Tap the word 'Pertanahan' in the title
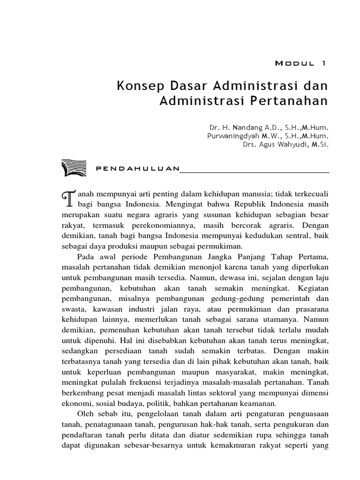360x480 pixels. click(x=296, y=101)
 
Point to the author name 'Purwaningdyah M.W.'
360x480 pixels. click(x=238, y=136)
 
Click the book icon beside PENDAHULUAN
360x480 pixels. click(x=74, y=168)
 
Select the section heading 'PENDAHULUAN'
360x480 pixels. click(x=137, y=169)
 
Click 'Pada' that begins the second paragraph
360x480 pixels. click(x=85, y=257)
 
